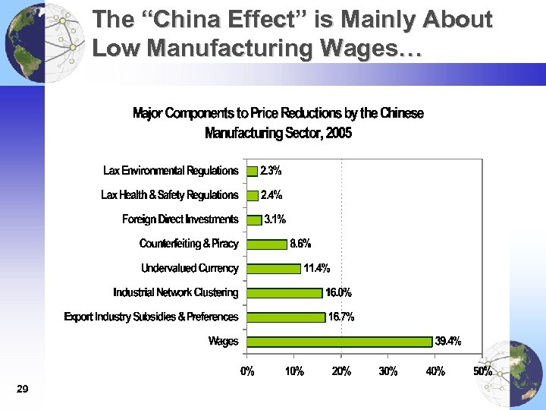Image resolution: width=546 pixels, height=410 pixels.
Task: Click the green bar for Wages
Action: tap(340, 342)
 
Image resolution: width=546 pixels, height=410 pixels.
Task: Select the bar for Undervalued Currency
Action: tap(274, 268)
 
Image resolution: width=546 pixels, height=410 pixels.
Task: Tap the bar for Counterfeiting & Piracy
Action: tap(267, 244)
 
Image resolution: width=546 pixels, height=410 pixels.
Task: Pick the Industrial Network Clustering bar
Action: tap(284, 292)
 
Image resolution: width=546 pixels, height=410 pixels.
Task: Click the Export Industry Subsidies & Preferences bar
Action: tap(286, 317)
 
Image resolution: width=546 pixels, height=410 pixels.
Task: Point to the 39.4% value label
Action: tap(447, 341)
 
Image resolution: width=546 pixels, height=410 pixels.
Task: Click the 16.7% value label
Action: tap(341, 317)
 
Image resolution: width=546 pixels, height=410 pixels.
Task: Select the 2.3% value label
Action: tap(271, 171)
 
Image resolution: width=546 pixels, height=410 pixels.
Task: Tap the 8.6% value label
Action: tap(300, 244)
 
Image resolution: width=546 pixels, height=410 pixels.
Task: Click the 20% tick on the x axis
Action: tap(341, 371)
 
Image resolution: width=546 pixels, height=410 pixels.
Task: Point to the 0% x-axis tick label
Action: tap(247, 371)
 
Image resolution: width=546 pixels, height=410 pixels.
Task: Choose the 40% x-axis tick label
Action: tap(435, 371)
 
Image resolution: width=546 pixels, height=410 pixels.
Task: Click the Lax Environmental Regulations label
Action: tap(171, 171)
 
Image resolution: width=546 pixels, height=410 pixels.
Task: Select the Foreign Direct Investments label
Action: tap(180, 219)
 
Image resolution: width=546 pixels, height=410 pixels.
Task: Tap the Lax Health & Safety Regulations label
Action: tap(169, 195)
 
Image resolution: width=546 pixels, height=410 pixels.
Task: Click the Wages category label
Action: tap(223, 341)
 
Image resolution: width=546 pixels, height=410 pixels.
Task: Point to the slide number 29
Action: tap(22, 389)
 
